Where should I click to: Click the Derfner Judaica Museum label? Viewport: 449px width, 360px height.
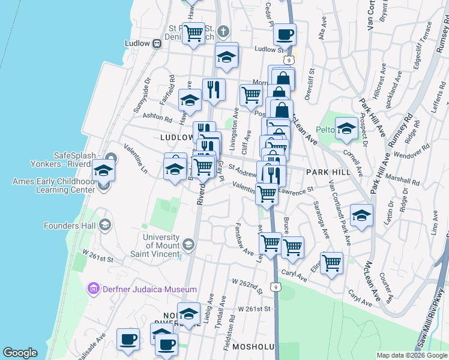coord(148,289)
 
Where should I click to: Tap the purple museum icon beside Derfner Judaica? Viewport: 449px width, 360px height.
coord(93,289)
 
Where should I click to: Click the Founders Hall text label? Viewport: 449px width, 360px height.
coord(70,226)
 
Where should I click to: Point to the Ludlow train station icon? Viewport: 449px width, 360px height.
coord(156,43)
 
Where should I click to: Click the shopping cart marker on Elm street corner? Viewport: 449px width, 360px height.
coord(331,262)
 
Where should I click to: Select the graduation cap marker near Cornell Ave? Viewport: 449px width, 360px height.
coord(346,128)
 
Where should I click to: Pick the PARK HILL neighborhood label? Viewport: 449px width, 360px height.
coord(327,172)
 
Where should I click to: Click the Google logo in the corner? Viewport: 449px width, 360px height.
coord(20,353)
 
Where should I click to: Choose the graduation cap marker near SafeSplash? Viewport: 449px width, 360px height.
coord(103,171)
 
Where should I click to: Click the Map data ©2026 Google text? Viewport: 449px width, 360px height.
coord(412,355)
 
